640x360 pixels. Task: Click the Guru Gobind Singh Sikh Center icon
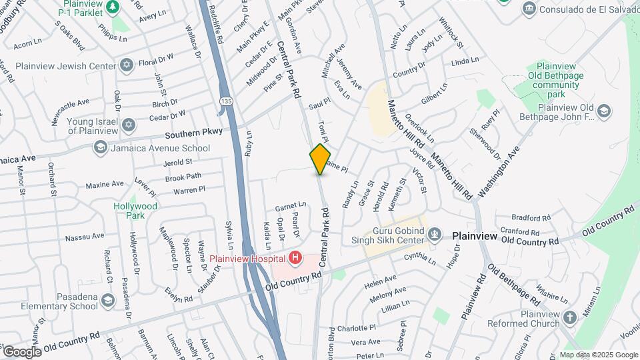click(x=435, y=234)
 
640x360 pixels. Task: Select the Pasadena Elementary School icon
click(x=107, y=302)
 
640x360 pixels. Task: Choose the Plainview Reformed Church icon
click(x=569, y=318)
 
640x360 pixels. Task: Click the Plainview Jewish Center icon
click(x=126, y=64)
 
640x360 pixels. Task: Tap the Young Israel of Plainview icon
click(x=128, y=125)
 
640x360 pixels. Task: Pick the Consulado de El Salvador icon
click(x=529, y=8)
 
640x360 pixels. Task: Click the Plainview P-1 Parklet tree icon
click(x=113, y=6)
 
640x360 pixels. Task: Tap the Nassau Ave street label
click(x=84, y=237)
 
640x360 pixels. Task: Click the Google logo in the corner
click(x=22, y=351)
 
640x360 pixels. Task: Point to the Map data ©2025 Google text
click(x=597, y=355)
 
